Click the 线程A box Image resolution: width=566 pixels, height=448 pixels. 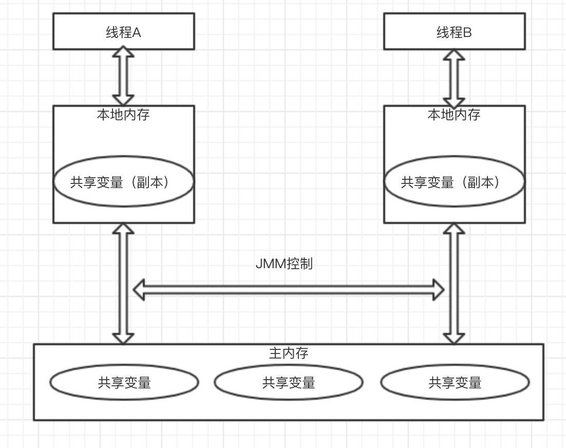123,32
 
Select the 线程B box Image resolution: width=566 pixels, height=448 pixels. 454,32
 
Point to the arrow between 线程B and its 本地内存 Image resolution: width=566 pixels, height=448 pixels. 454,78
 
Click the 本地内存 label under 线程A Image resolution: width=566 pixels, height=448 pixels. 123,115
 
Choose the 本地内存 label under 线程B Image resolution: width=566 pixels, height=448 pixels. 454,115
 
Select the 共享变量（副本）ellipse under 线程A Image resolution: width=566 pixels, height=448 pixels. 123,182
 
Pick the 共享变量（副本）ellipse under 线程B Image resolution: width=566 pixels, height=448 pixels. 454,182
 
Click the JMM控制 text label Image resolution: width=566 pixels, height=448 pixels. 284,264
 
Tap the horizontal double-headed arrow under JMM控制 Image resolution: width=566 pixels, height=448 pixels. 288,290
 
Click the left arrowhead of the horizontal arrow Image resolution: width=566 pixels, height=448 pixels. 139,290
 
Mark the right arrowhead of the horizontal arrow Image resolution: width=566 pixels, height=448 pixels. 438,290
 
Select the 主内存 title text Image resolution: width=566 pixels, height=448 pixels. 288,353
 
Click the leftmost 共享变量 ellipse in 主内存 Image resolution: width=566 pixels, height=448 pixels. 124,382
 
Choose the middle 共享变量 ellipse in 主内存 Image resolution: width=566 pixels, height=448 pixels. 288,382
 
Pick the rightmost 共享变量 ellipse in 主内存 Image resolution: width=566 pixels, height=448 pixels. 455,382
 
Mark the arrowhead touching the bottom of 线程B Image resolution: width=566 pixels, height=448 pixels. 454,55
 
